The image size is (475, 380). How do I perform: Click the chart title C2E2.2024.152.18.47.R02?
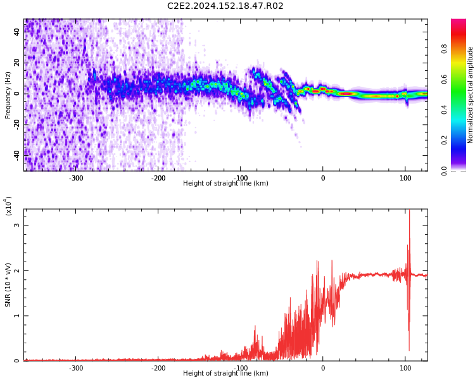[x=225, y=6]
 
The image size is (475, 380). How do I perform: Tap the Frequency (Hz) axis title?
[x=8, y=95]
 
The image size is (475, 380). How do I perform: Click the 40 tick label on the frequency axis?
[x=16, y=32]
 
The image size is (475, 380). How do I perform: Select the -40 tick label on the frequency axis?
[x=16, y=156]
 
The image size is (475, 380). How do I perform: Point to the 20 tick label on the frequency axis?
[x=16, y=63]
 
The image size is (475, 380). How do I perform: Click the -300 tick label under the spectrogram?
[x=76, y=178]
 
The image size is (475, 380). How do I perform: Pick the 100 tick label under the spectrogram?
[x=405, y=178]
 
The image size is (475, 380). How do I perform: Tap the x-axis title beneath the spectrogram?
[x=225, y=183]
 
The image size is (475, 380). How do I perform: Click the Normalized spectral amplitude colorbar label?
[x=470, y=95]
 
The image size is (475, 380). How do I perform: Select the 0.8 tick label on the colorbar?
[x=444, y=49]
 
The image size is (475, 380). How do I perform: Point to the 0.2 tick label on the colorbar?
[x=444, y=141]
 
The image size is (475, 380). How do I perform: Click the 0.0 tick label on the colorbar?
[x=444, y=171]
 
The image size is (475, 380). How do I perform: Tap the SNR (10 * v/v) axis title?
[x=8, y=285]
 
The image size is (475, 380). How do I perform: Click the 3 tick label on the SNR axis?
[x=16, y=225]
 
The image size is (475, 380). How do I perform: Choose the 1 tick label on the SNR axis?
[x=16, y=316]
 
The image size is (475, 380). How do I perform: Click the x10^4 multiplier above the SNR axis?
[x=8, y=206]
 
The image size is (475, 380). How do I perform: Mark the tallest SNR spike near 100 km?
[x=409, y=210]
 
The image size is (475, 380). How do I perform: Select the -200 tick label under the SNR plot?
[x=158, y=368]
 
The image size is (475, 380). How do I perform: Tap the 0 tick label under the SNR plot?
[x=323, y=368]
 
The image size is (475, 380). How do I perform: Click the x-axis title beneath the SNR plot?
[x=225, y=373]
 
